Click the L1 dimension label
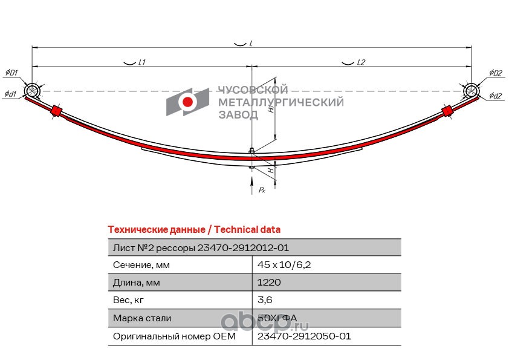pos(143,62)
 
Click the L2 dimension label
pos(361,62)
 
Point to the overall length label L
pos(250,44)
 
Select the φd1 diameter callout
pos(10,94)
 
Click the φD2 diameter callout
pos(496,73)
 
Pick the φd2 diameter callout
pos(496,95)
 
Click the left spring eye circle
pos(32,91)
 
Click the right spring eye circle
pos(472,91)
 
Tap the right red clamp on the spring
pos(447,111)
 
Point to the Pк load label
pos(262,190)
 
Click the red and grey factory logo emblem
pos(188,101)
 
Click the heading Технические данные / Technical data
pos(193,230)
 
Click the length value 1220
pos(269,283)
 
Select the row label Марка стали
pos(142,318)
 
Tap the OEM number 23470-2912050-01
pos(304,336)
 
